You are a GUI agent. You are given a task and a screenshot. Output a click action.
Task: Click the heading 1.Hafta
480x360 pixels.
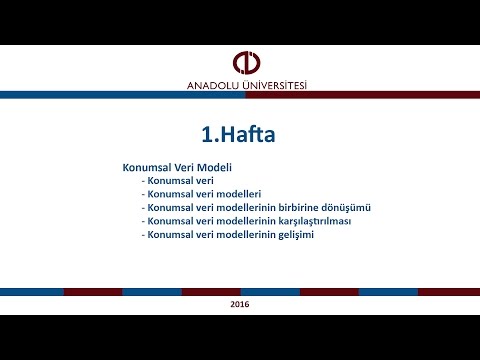pyautogui.click(x=238, y=132)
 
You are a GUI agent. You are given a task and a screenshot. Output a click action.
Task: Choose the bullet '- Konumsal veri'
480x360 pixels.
pyautogui.click(x=172, y=181)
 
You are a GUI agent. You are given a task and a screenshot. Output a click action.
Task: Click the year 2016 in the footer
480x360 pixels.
pyautogui.click(x=240, y=303)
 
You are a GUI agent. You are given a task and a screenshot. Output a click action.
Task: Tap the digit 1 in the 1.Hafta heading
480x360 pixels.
pyautogui.click(x=205, y=132)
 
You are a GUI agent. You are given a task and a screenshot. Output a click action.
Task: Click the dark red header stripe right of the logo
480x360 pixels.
pyautogui.click(x=400, y=94)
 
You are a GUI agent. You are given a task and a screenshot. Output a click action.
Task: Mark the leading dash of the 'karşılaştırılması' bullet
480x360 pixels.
pyautogui.click(x=145, y=220)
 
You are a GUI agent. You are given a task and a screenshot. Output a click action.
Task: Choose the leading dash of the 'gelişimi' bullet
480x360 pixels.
pyautogui.click(x=145, y=234)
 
